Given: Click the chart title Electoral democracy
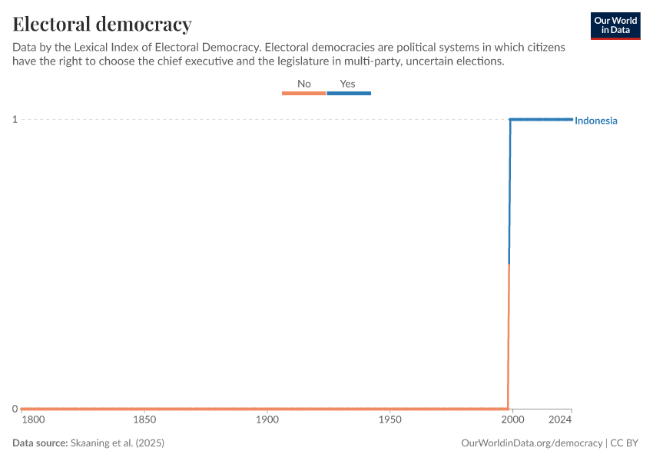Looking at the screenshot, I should (102, 24).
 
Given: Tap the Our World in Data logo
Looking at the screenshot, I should (615, 26).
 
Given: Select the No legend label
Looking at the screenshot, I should (304, 84).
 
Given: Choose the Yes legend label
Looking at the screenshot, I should (348, 84).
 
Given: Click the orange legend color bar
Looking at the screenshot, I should (304, 93).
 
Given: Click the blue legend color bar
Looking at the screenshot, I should (349, 93).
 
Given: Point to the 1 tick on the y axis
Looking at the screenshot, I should (15, 119).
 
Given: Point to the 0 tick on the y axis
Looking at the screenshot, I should (15, 409).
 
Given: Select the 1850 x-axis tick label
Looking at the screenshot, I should (144, 420).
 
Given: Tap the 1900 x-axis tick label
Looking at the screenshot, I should (267, 420).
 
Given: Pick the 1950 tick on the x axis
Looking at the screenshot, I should (390, 420).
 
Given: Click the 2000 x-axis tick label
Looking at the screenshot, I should (512, 420).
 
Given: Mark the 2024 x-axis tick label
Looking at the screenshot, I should (560, 420).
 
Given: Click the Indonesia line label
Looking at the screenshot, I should (596, 121).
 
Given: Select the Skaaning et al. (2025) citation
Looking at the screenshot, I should (118, 443).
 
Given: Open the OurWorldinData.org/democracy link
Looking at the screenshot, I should (532, 443).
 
